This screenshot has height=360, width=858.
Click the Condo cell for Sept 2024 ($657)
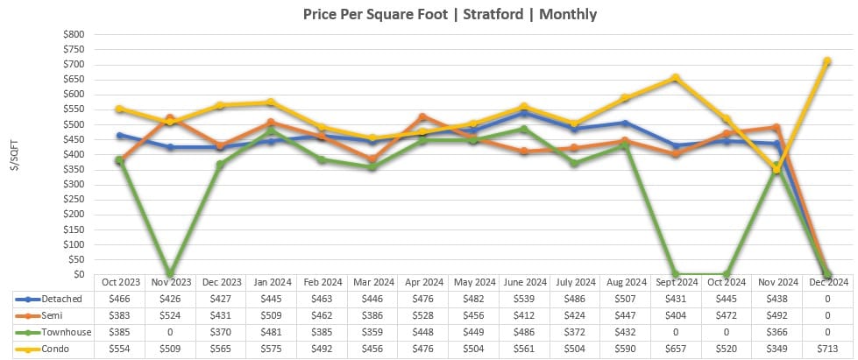675,349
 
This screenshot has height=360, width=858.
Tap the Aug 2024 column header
624,282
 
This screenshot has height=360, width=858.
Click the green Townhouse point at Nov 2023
170,274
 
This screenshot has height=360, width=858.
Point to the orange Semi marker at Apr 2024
422,116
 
